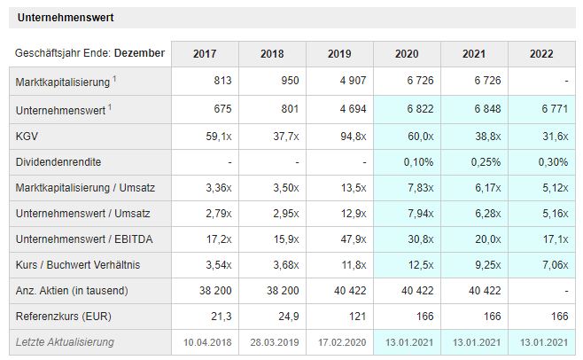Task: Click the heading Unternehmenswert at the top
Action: coord(66,17)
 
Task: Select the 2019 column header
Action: coord(339,53)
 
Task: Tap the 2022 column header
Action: coord(541,53)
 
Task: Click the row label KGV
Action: coord(27,138)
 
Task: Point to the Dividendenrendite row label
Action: coord(58,164)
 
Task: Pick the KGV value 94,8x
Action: coord(339,138)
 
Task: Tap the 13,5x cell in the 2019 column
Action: coord(341,188)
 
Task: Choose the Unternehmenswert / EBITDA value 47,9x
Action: coord(339,239)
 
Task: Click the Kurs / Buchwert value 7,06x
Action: coord(540,265)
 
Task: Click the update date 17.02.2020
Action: coord(339,342)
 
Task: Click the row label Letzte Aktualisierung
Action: coord(66,342)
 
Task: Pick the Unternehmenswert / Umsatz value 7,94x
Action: coord(406,214)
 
